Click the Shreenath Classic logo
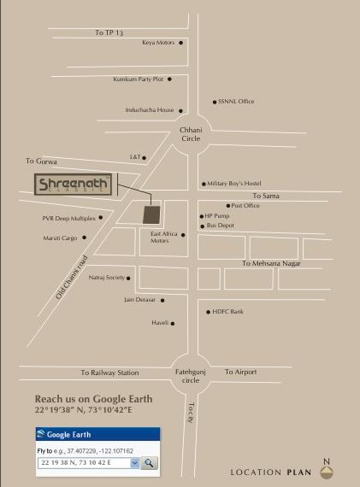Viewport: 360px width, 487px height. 72,185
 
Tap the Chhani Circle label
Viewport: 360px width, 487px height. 190,134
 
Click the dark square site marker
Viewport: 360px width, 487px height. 150,214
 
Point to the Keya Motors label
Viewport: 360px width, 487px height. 158,42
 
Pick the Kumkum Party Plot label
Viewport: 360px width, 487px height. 138,79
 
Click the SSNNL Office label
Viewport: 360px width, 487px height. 236,102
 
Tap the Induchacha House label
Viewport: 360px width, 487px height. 150,110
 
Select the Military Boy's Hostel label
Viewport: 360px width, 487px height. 233,184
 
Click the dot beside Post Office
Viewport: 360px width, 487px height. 228,206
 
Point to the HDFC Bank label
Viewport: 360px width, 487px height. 227,312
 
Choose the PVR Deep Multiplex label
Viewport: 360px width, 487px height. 69,218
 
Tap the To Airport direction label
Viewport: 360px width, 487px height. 240,373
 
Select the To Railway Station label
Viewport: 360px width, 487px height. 109,373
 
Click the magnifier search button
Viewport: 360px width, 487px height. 149,462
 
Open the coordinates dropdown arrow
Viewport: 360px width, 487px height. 134,462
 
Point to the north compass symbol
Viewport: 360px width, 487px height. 326,471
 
